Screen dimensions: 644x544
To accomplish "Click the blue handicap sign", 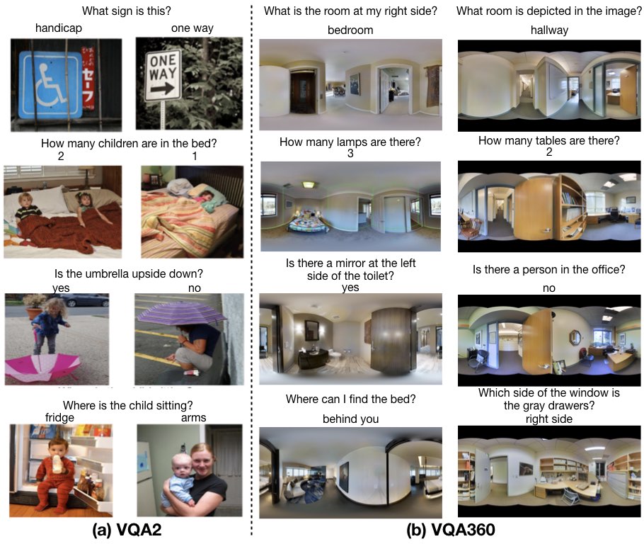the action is tap(51, 85).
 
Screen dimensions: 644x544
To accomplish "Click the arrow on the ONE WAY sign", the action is tap(163, 89).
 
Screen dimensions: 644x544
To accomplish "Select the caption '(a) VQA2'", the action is tap(127, 530).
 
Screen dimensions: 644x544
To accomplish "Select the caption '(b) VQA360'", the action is tap(451, 530).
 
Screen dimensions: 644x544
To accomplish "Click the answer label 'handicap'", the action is tap(59, 28).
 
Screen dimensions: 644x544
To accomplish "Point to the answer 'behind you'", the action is tap(351, 419).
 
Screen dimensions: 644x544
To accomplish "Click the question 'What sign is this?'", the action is tap(127, 11).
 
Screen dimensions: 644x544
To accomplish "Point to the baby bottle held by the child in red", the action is tap(57, 464).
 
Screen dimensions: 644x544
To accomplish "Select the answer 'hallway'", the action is tap(549, 30).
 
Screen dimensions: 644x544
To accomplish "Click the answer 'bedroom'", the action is tap(350, 30).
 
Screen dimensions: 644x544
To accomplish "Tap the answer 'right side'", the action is tap(549, 419).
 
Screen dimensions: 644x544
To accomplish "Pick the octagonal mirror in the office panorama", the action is tap(574, 337).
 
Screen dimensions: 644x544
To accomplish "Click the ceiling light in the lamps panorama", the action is tap(308, 185).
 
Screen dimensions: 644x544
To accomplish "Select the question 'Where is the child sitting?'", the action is tap(127, 405).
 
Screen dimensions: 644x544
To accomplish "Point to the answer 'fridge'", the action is tap(59, 417).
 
